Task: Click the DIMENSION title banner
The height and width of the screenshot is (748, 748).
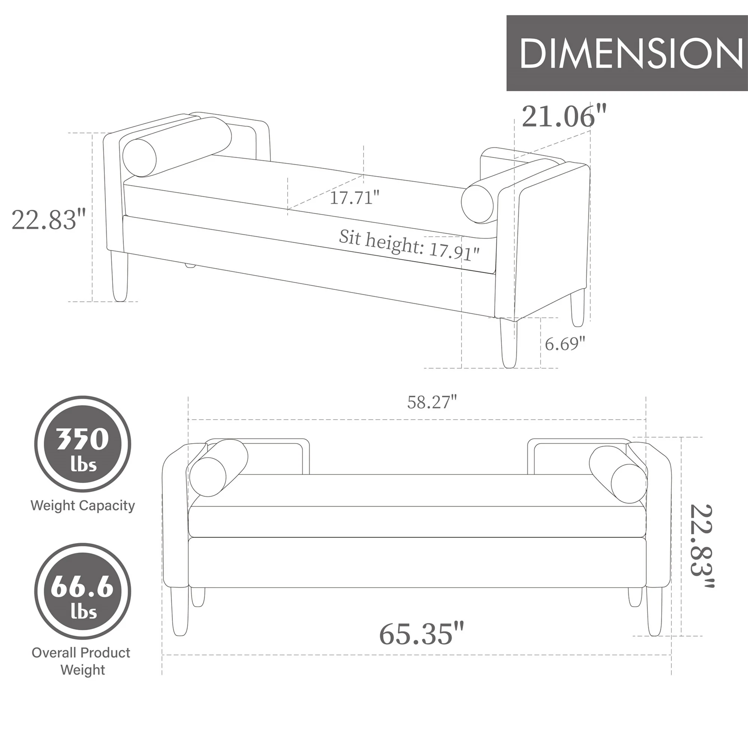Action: click(626, 53)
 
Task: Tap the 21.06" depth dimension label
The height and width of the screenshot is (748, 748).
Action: click(563, 116)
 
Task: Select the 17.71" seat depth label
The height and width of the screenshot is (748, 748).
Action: click(354, 198)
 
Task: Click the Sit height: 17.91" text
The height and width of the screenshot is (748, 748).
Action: click(409, 245)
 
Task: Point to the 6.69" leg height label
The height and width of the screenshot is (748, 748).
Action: click(564, 343)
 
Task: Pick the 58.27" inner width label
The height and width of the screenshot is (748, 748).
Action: click(432, 402)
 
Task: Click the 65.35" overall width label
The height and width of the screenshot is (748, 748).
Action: click(421, 634)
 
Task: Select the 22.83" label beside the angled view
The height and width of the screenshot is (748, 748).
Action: click(48, 220)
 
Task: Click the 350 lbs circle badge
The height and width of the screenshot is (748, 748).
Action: click(82, 444)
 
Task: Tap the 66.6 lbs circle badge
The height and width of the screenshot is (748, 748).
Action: click(82, 591)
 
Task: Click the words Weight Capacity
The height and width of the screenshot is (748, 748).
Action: click(82, 505)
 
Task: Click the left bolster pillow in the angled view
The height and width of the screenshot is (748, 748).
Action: click(176, 147)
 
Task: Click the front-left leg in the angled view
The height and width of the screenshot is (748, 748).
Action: click(119, 276)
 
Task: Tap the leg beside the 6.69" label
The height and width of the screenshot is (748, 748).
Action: click(508, 343)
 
